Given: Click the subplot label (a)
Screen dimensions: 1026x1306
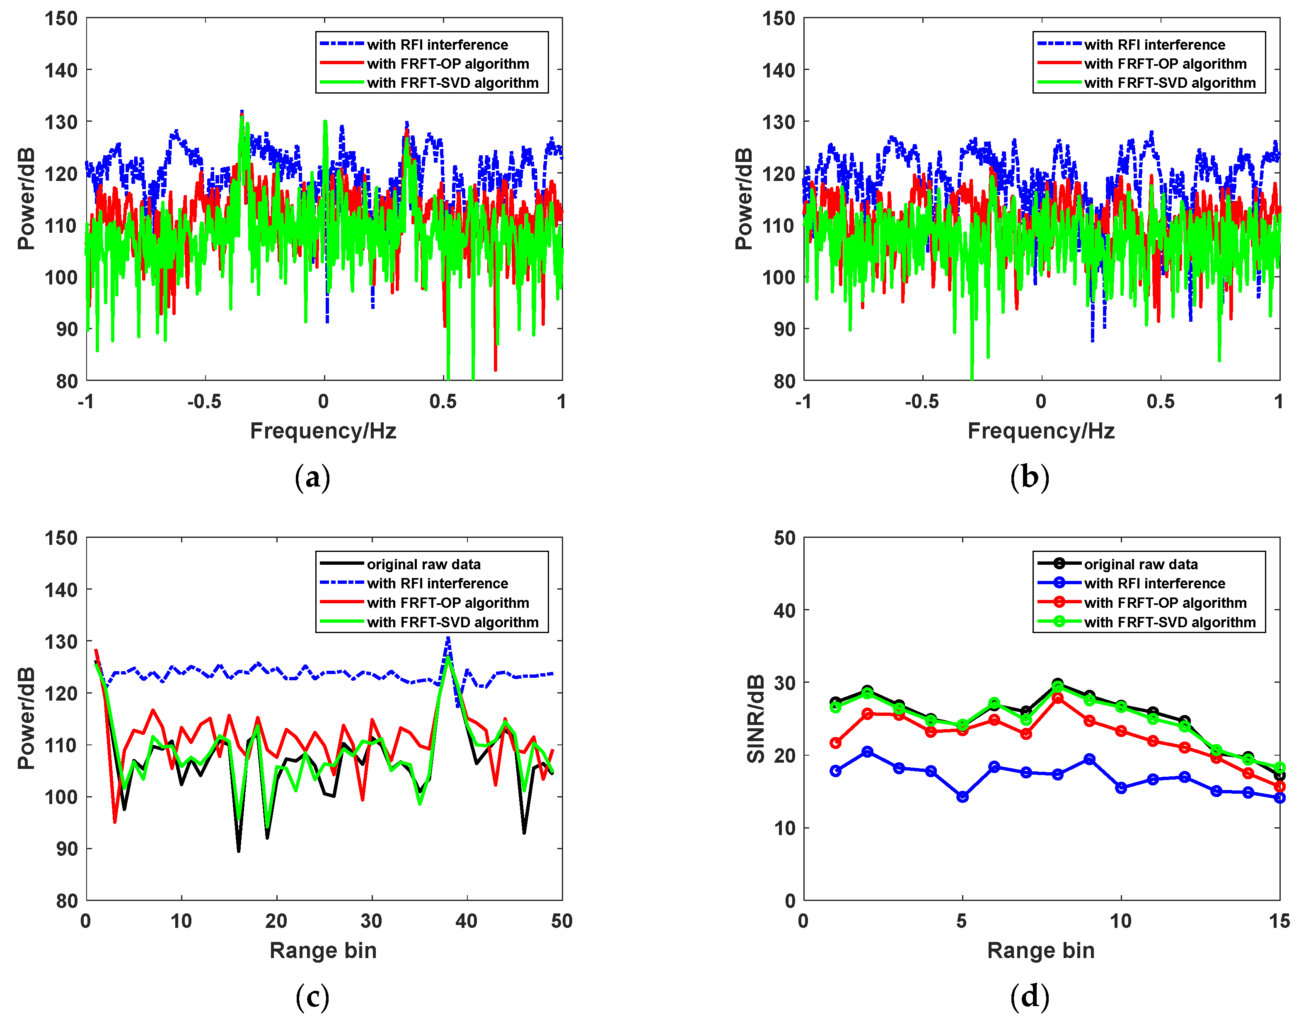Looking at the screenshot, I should click(312, 478).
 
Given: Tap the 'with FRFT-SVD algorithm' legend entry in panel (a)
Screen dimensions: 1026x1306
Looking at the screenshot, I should click(452, 83).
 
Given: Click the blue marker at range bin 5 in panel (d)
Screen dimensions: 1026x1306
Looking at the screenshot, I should click(962, 797).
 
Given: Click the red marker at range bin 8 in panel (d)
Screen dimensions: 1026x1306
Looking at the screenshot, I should click(1058, 698).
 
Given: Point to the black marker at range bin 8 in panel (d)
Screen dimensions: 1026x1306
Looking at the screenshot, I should click(1058, 684).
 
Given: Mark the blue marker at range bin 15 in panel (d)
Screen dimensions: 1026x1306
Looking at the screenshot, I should click(1279, 798).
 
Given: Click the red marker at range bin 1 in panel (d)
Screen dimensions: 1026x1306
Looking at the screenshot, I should click(835, 743).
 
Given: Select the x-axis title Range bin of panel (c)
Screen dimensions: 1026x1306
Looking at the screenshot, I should click(323, 950).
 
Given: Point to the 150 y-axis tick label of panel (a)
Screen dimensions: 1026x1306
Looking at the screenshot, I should click(61, 19).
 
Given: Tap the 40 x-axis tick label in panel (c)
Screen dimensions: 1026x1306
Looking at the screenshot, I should click(467, 921).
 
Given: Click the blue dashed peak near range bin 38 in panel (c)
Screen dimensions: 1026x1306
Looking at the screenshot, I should click(448, 638).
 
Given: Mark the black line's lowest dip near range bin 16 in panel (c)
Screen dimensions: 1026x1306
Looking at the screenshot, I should click(239, 850).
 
